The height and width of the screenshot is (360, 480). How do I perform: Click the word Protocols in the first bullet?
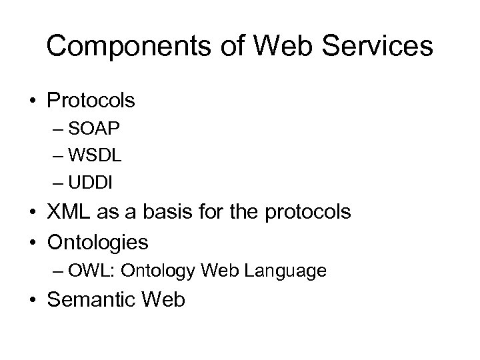[x=91, y=101]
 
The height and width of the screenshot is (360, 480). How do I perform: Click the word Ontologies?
[x=98, y=240]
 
